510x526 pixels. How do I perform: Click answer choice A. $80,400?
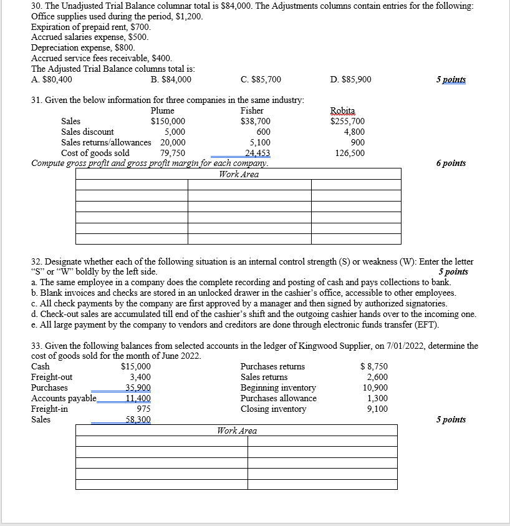(51, 79)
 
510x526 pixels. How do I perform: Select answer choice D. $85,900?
(351, 79)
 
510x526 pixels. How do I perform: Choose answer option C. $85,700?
(261, 79)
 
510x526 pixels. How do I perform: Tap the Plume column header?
(162, 110)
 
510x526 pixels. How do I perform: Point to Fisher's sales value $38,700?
(255, 121)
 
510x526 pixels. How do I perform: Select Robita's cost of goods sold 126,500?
(350, 153)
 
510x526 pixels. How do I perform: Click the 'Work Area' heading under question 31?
(238, 174)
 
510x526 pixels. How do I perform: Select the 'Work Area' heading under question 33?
(236, 431)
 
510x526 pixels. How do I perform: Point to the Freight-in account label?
(50, 409)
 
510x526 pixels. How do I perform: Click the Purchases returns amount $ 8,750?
(374, 366)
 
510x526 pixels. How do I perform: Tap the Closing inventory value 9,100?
(377, 409)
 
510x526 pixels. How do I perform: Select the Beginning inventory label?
(278, 387)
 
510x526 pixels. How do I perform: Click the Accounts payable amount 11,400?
(138, 398)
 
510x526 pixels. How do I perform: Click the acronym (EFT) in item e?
(426, 325)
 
